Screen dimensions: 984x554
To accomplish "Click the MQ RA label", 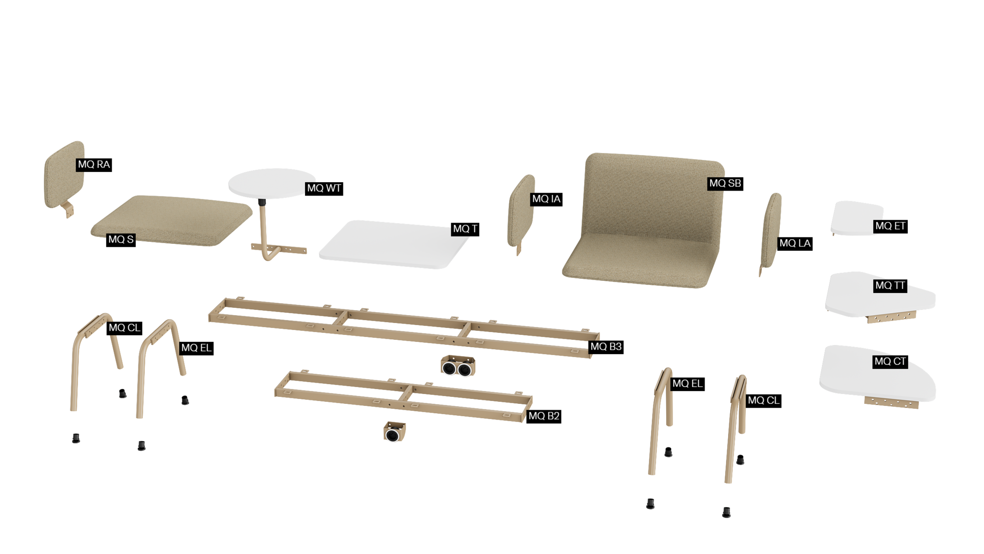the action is (x=94, y=164).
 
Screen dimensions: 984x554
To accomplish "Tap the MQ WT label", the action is (x=324, y=188).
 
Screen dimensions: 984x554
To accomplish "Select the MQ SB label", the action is (x=725, y=183).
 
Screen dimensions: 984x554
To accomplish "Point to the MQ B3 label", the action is (x=606, y=347).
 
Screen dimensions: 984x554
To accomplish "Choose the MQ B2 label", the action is (x=544, y=416).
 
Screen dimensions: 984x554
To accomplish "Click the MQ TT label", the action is (x=890, y=286).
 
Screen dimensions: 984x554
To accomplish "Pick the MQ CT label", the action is (x=891, y=361).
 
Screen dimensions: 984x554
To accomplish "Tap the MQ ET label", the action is (x=891, y=226).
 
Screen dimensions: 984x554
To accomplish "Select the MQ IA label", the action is (x=546, y=199).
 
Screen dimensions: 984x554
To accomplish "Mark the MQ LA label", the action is (x=795, y=243).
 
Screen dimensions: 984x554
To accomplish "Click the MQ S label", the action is (x=121, y=239).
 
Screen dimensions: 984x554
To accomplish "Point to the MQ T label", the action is (x=465, y=229).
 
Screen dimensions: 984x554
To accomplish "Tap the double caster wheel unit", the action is (x=458, y=366).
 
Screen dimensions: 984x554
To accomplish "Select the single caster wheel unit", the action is (x=394, y=432).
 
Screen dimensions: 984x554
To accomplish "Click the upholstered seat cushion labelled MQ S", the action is (x=172, y=220).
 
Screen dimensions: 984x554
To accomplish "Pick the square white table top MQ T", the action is (x=394, y=245).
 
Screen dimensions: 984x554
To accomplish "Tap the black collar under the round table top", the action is (x=262, y=202).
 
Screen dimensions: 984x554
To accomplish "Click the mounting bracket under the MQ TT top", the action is (x=891, y=317).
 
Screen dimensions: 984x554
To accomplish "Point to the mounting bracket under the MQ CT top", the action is (x=891, y=402).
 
